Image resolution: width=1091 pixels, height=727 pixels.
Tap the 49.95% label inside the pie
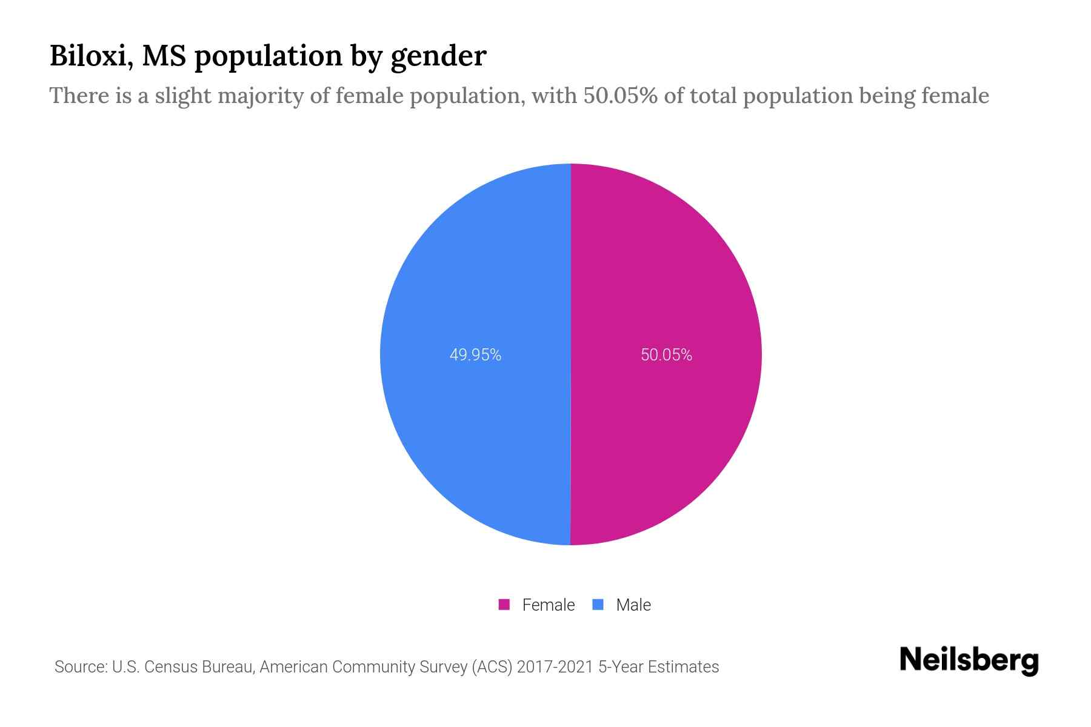click(475, 355)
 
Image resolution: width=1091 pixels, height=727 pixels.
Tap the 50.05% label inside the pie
click(666, 355)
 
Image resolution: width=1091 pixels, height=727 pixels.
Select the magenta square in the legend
click(504, 605)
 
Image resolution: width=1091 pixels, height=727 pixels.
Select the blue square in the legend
click(598, 605)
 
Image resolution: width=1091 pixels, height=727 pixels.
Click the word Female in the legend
click(548, 605)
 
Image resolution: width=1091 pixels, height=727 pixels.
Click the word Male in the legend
click(633, 605)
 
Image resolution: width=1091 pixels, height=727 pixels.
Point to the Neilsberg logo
click(969, 660)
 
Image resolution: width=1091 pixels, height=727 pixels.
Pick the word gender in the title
click(438, 57)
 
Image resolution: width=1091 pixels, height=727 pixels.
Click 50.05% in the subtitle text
click(620, 96)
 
